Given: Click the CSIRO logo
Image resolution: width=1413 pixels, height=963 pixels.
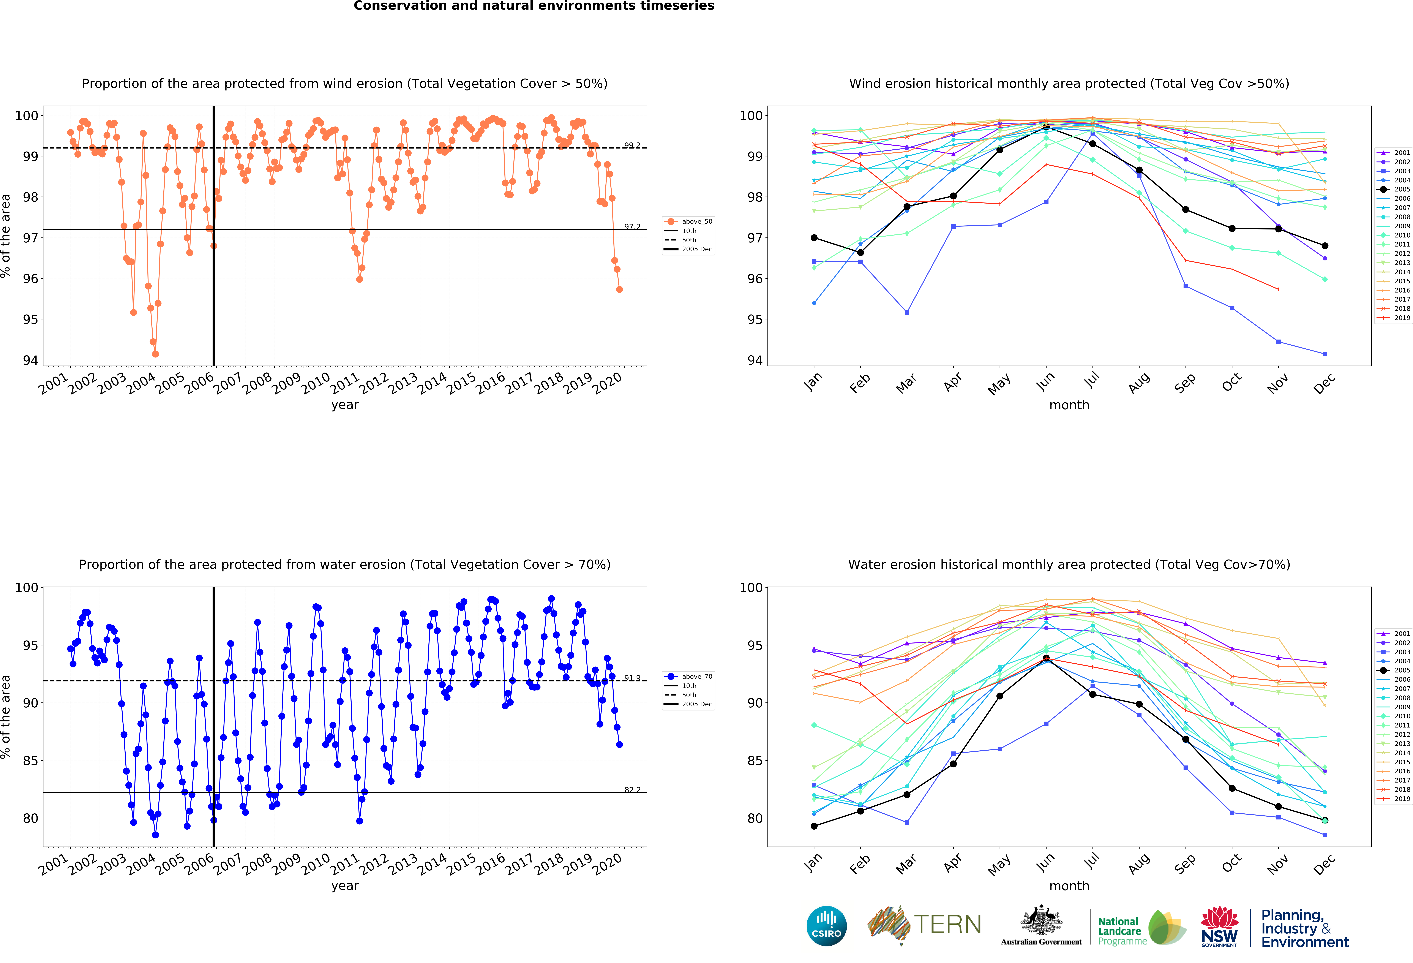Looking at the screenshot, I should (x=826, y=926).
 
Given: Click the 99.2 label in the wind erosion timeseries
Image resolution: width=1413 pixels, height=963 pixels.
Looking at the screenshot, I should (x=632, y=145).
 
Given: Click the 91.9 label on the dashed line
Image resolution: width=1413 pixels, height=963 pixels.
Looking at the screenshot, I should (x=632, y=678).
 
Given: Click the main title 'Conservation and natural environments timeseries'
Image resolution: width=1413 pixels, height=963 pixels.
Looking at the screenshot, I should (x=534, y=6).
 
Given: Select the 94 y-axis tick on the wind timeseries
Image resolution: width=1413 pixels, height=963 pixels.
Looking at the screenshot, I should (x=30, y=360).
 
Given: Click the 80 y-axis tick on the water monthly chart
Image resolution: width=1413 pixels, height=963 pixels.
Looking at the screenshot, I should (x=755, y=818).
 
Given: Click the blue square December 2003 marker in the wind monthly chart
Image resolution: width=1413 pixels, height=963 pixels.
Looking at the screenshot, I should (x=1325, y=354).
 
